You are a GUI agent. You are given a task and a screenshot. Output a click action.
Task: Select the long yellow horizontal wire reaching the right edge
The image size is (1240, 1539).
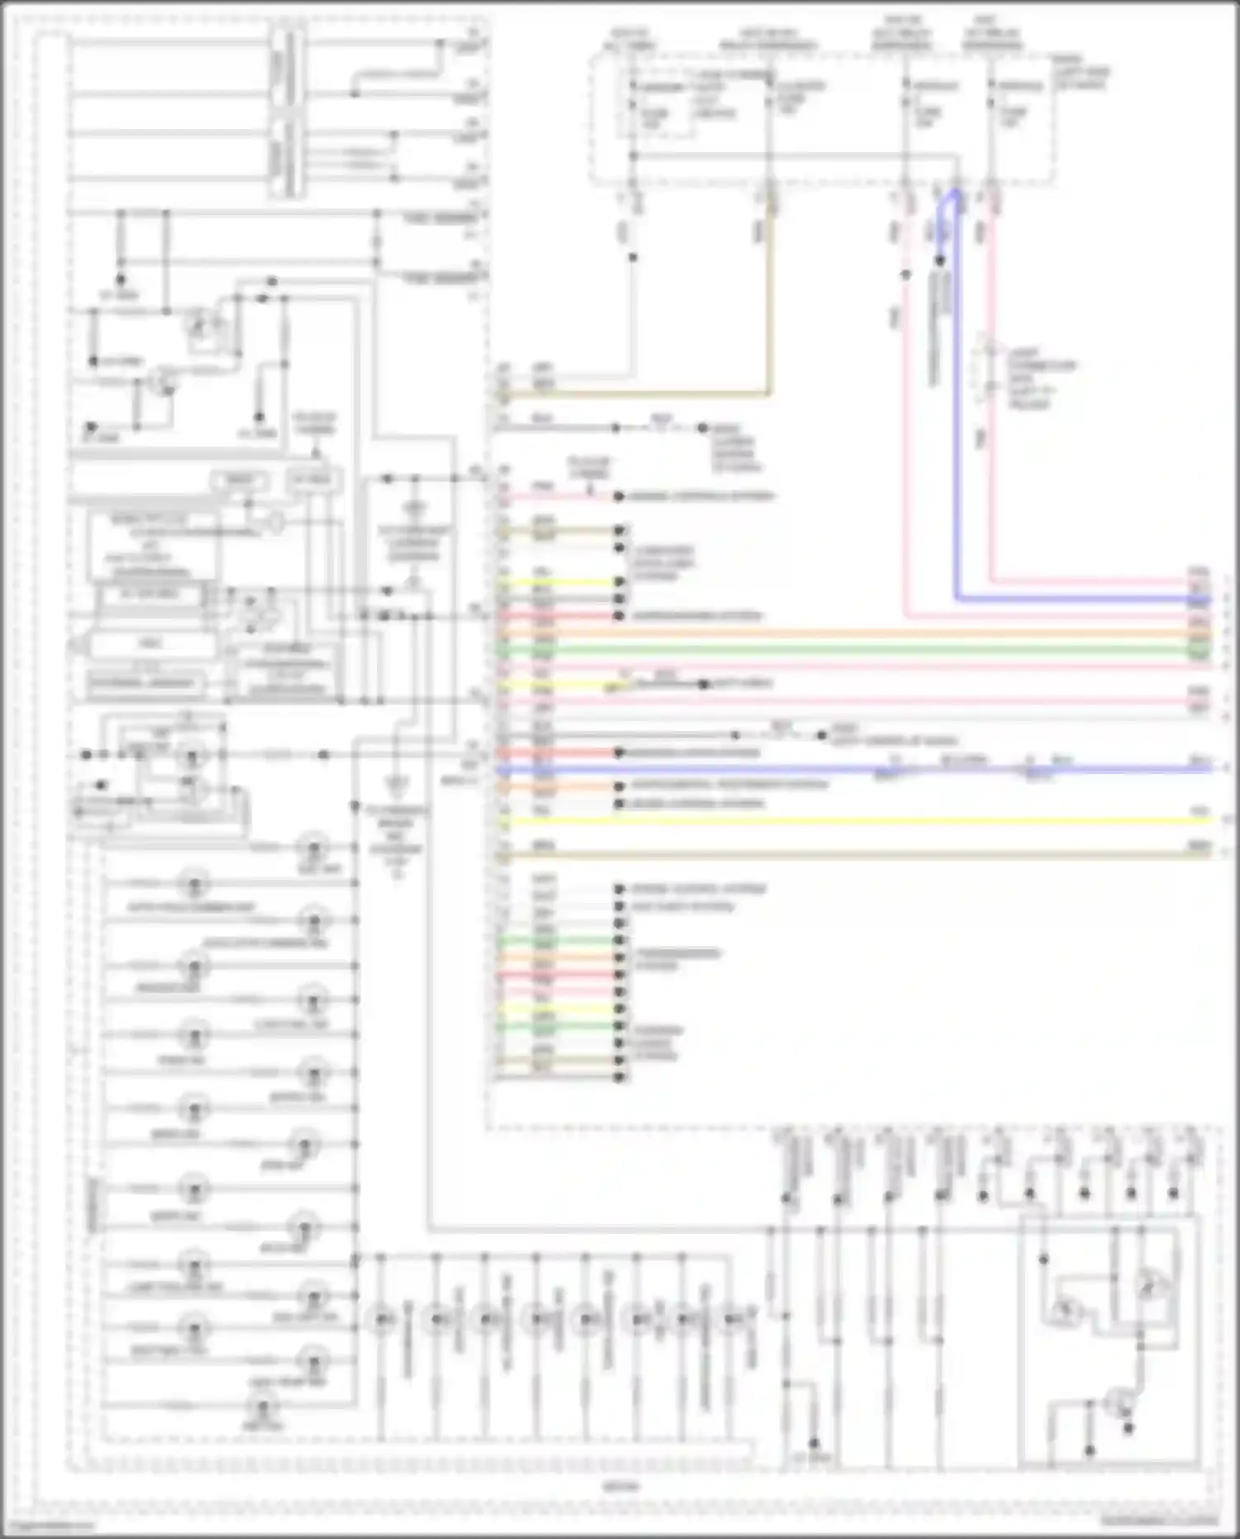pyautogui.click(x=827, y=821)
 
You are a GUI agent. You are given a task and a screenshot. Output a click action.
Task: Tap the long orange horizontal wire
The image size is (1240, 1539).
pyautogui.click(x=827, y=634)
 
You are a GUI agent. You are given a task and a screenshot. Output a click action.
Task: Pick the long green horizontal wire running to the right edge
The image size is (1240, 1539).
pyautogui.click(x=827, y=650)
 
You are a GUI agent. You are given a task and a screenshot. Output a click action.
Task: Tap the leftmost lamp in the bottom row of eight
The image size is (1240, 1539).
pyautogui.click(x=382, y=1318)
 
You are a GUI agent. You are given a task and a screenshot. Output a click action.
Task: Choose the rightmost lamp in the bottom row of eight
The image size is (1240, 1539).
pyautogui.click(x=732, y=1318)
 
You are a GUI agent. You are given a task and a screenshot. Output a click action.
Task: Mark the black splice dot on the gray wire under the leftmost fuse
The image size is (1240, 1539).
pyautogui.click(x=632, y=257)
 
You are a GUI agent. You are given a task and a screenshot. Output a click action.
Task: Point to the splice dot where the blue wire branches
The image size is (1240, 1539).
pyautogui.click(x=940, y=260)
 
